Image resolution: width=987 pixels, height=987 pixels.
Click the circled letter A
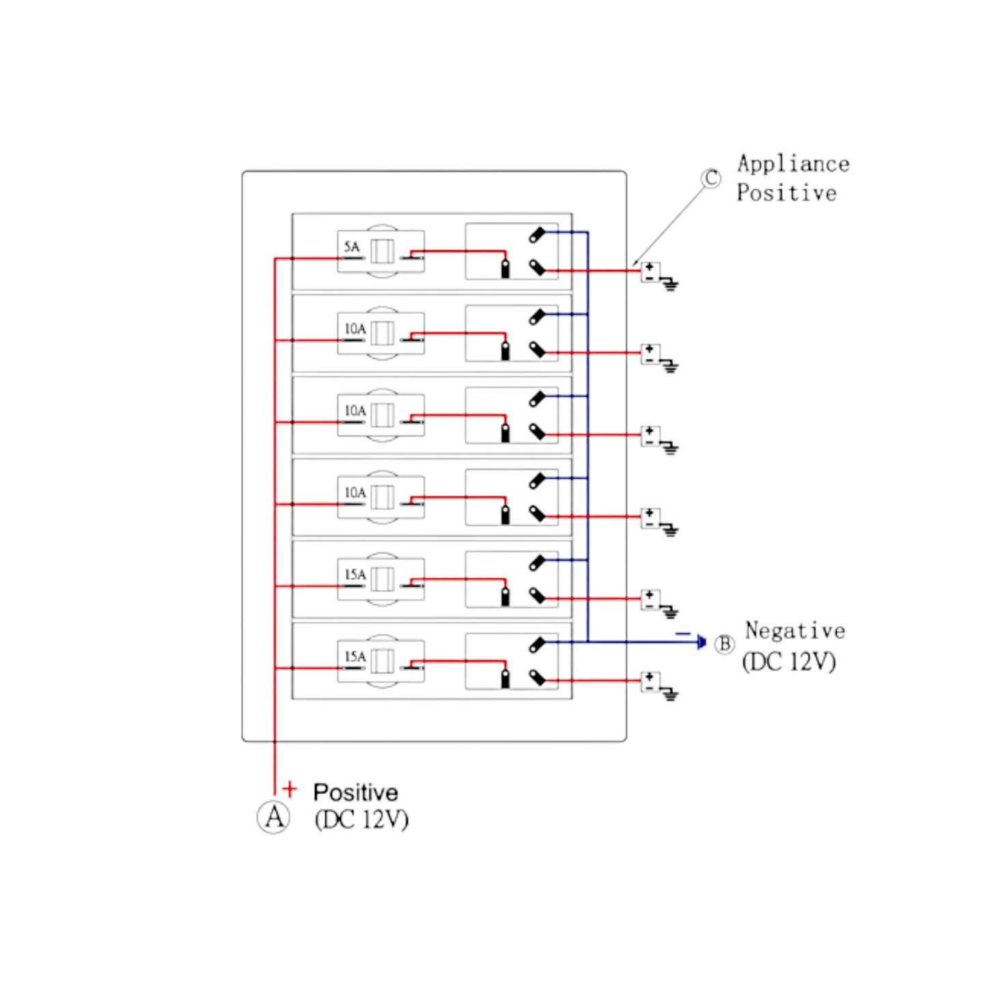point(273,817)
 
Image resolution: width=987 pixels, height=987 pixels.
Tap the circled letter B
point(724,644)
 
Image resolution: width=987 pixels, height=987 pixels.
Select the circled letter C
point(711,179)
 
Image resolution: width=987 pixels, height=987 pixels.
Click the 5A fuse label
point(352,247)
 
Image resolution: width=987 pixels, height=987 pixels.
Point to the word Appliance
point(793,164)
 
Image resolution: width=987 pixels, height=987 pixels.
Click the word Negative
point(795,630)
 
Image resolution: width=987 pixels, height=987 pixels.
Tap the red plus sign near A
point(290,790)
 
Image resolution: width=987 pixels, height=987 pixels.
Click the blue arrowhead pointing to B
point(701,642)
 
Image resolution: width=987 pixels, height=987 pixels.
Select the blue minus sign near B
point(682,634)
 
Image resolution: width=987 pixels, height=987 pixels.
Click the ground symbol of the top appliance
point(670,285)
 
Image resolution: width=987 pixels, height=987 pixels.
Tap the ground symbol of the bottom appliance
point(670,695)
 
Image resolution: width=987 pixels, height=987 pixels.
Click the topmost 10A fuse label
point(355,329)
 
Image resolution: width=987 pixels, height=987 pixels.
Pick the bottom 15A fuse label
point(355,657)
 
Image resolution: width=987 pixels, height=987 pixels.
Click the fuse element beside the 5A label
point(382,251)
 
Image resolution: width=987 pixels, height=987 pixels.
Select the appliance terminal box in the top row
point(650,272)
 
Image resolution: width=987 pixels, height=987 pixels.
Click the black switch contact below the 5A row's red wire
point(505,268)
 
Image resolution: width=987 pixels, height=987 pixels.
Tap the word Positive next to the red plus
point(355,792)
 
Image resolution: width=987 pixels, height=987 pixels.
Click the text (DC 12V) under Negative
point(789,661)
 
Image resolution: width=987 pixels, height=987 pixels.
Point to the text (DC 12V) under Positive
point(361,820)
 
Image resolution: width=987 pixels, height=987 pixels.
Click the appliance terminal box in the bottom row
point(650,682)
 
